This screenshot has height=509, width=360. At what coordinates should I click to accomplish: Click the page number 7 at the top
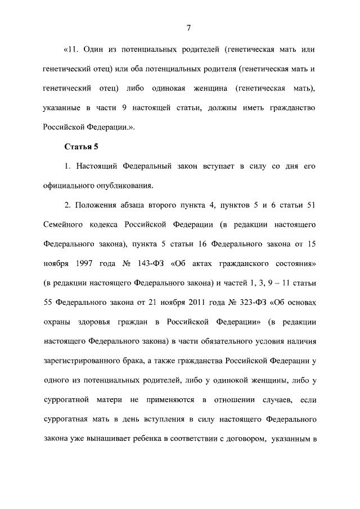coord(189,28)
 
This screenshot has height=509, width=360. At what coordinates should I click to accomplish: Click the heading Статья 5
coord(82,148)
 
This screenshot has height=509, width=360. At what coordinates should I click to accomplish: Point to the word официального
coord(71,185)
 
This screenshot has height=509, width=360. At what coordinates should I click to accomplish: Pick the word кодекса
coord(115,224)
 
